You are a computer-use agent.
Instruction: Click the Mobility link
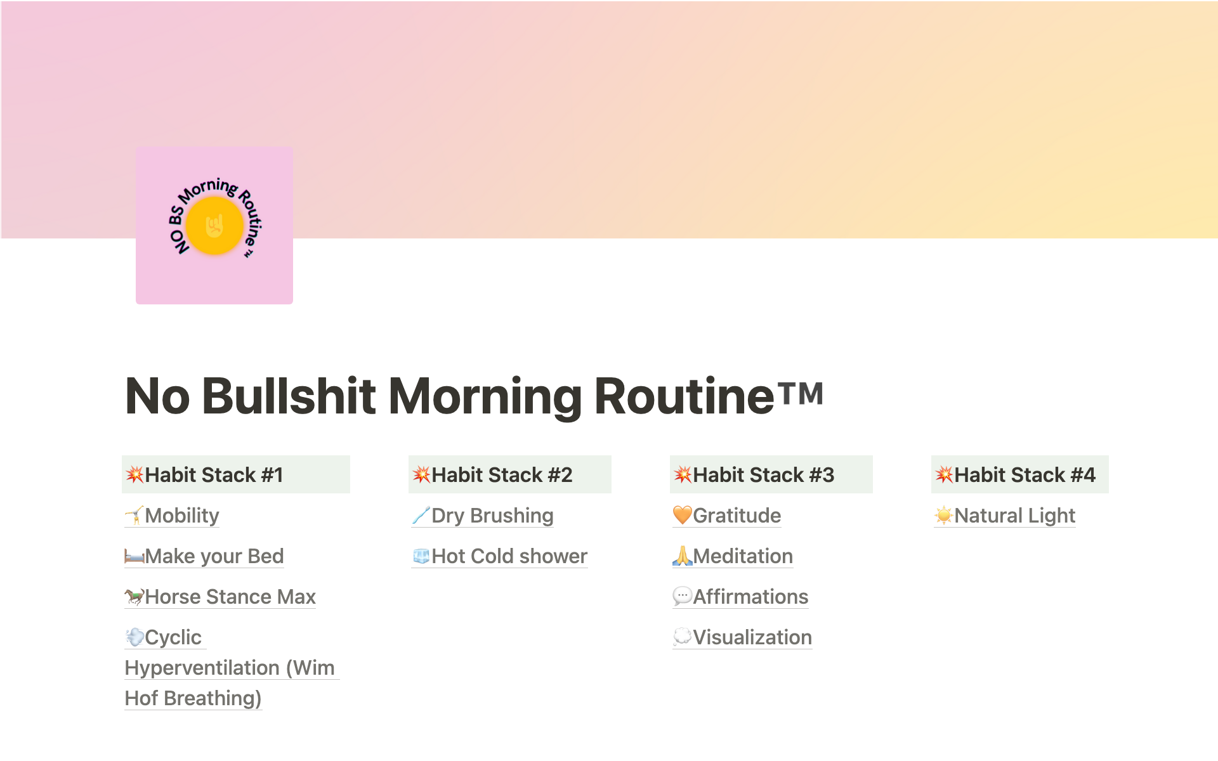172,516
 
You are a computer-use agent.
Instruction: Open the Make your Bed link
204,556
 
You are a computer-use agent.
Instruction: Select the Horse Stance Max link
220,597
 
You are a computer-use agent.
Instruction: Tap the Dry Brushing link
482,516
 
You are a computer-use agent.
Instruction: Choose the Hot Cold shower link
499,556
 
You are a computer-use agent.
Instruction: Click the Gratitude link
726,516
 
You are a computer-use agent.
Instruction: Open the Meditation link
733,556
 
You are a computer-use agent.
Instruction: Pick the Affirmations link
740,597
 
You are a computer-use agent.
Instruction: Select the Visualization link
742,637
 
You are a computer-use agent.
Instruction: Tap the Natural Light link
1005,516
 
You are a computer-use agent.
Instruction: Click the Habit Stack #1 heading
204,475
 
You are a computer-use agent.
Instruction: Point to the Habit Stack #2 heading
492,475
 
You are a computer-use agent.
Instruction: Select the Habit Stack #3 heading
754,475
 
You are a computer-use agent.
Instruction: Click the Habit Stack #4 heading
1015,475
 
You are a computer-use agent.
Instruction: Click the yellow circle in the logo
214,226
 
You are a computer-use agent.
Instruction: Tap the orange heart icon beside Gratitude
683,515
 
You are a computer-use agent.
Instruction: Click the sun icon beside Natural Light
944,515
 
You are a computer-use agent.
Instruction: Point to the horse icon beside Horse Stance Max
134,596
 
